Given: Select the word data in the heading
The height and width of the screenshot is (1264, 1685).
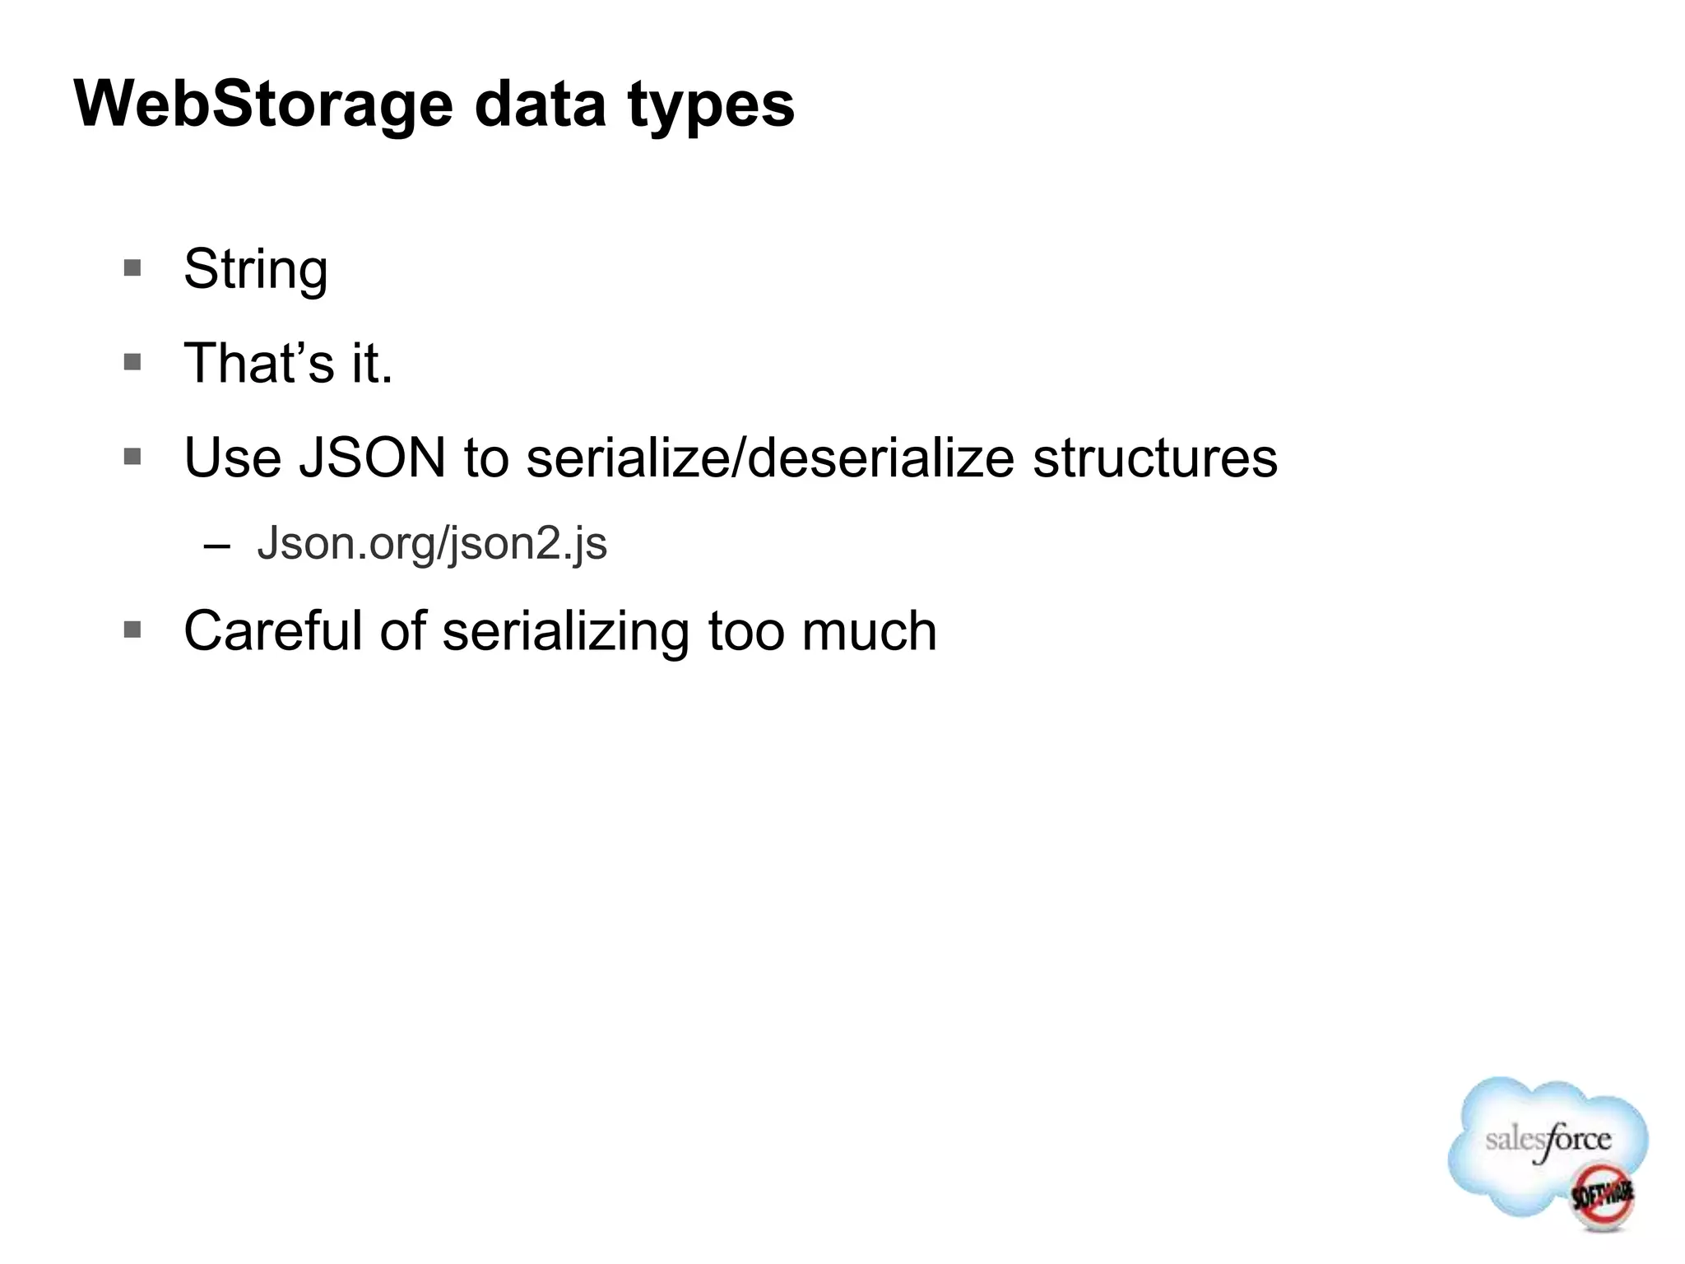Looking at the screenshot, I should pos(540,105).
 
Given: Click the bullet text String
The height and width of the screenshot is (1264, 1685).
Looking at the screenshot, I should pos(255,270).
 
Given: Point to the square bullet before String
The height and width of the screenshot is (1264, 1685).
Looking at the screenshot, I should pos(132,267).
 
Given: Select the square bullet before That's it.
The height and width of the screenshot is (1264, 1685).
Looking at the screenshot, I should pos(132,362).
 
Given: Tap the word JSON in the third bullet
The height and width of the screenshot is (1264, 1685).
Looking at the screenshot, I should pos(372,458).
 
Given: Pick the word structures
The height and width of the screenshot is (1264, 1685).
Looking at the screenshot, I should pos(1154,458).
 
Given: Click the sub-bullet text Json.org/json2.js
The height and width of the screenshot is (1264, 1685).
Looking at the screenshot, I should pos(432,544).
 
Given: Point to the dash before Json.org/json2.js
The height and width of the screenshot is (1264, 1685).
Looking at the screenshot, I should pos(216,545).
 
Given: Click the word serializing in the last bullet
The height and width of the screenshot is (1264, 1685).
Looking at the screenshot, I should pos(565,633).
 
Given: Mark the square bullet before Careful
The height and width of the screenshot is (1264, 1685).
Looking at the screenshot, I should pos(132,630).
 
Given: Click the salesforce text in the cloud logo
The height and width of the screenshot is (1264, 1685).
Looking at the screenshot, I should pos(1548,1141).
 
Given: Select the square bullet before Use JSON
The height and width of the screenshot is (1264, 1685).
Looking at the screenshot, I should pos(132,456).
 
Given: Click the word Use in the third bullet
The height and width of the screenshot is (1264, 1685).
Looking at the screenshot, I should pos(233,458).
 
